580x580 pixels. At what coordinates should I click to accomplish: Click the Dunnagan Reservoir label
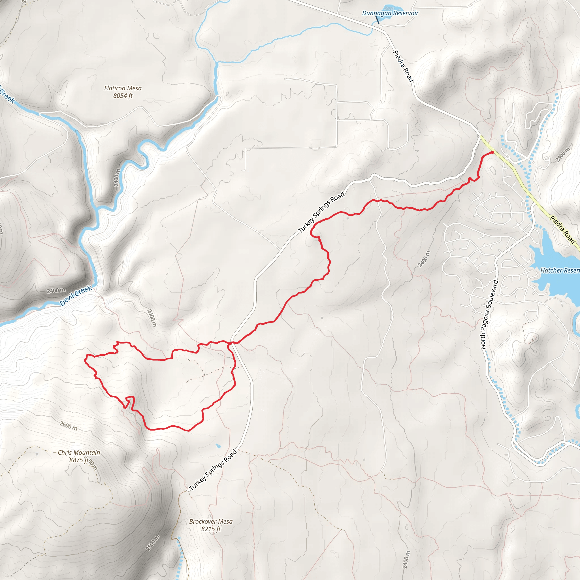[x=390, y=13]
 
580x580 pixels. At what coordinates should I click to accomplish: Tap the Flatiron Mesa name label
[x=123, y=88]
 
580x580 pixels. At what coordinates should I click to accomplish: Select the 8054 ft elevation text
[x=123, y=96]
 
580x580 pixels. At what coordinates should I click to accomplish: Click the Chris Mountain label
[x=79, y=452]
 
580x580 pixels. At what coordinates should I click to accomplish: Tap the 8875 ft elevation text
[x=79, y=460]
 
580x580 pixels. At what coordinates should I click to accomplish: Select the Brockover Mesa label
[x=211, y=521]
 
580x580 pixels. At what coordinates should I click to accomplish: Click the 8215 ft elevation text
[x=211, y=529]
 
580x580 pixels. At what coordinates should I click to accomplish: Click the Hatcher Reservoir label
[x=560, y=270]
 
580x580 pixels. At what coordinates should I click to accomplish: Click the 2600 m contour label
[x=69, y=426]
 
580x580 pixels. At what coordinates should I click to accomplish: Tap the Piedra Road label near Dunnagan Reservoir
[x=403, y=66]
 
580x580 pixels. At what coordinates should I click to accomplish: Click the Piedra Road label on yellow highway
[x=563, y=230]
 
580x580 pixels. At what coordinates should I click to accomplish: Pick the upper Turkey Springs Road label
[x=321, y=213]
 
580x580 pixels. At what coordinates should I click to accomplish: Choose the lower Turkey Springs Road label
[x=213, y=470]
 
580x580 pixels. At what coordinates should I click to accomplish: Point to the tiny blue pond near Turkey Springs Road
[x=218, y=446]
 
